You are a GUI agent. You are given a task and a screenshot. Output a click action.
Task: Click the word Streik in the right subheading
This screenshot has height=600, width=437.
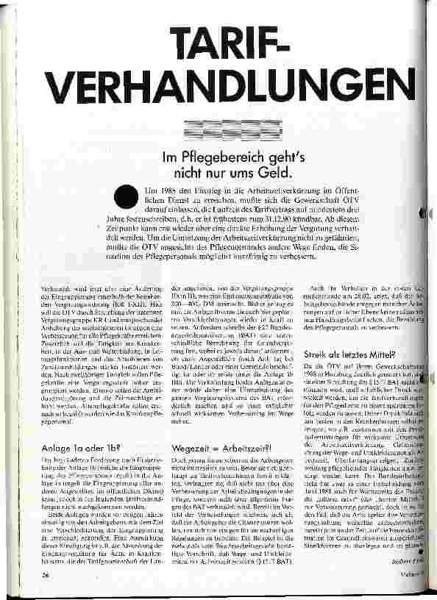click(316, 354)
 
